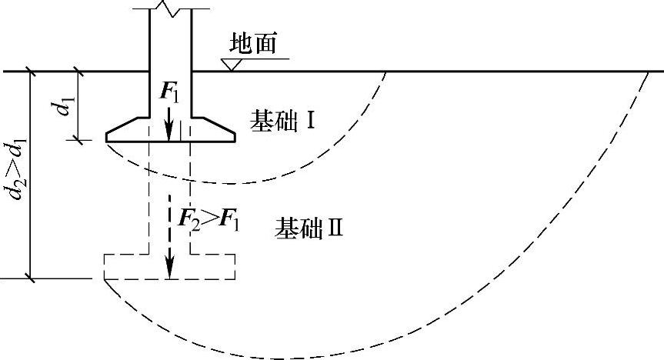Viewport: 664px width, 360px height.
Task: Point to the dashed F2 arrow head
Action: click(x=169, y=272)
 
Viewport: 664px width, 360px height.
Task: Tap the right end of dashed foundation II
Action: click(x=234, y=266)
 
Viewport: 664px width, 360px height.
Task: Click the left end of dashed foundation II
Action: click(x=105, y=266)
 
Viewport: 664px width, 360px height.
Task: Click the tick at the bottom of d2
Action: click(x=32, y=277)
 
